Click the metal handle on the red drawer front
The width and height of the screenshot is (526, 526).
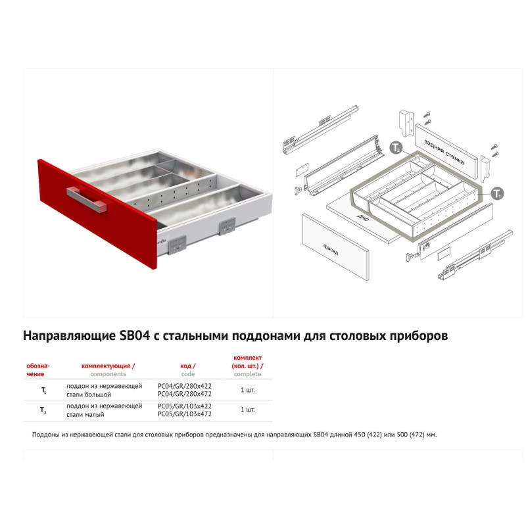87,199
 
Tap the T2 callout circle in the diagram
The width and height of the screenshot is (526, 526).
396,147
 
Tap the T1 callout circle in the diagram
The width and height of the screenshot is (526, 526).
498,193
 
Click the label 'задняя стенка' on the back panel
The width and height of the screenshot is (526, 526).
444,152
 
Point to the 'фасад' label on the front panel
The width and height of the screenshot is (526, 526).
331,250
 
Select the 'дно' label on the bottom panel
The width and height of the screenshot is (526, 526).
363,218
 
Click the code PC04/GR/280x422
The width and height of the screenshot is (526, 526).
185,386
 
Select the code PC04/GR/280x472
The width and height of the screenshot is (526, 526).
185,394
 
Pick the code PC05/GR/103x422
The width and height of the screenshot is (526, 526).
185,406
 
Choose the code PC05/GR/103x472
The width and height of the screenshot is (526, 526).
185,414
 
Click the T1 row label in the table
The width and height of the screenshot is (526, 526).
43,391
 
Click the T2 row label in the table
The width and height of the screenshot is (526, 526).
43,410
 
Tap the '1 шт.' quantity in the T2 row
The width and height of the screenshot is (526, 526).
248,410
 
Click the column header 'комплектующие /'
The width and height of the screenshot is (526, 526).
108,366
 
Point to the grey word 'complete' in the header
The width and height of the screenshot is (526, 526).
248,374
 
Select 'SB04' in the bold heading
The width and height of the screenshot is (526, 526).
135,336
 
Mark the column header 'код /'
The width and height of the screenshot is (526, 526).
188,366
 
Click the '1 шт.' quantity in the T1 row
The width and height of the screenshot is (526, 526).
248,390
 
